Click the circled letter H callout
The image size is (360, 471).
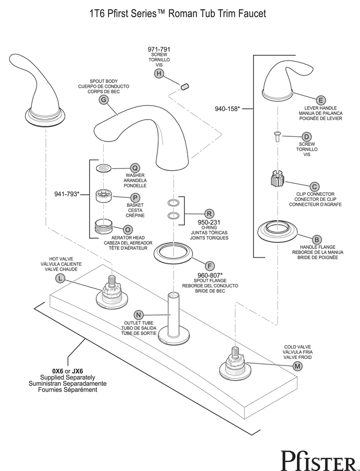[x=159, y=74]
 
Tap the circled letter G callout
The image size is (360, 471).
[x=104, y=100]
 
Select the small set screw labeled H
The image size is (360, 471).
[x=184, y=87]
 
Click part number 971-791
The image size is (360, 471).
[x=159, y=49]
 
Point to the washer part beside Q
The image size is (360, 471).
[x=104, y=168]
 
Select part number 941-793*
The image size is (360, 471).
[x=67, y=194]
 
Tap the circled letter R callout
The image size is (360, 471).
[x=209, y=214]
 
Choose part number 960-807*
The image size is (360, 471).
[x=210, y=275]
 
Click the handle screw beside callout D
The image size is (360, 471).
[x=277, y=137]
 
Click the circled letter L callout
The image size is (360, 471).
[x=60, y=278]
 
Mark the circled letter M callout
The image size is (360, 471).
[x=297, y=366]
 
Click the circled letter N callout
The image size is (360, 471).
[x=138, y=315]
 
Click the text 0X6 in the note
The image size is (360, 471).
[x=57, y=371]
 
